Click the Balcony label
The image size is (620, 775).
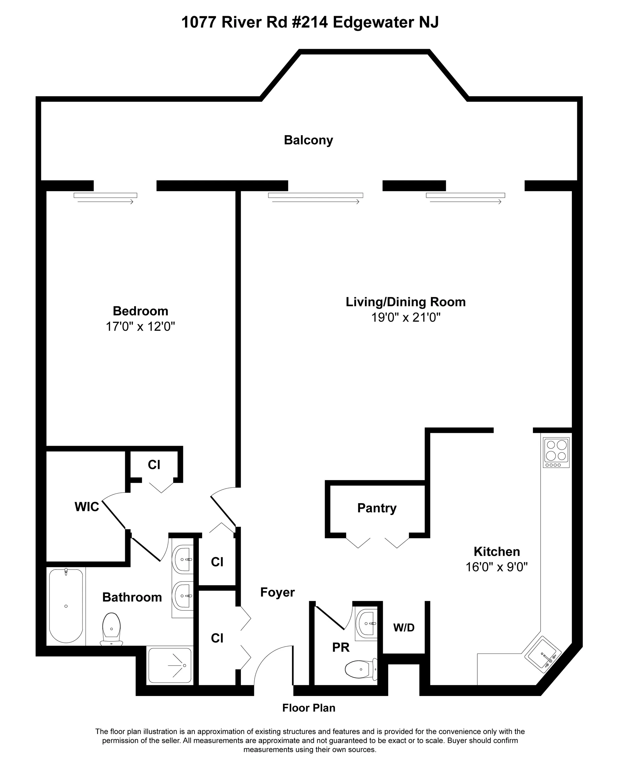[308, 140]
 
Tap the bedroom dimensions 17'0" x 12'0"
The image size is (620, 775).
[140, 326]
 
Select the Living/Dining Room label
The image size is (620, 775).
[405, 302]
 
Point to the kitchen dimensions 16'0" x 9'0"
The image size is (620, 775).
[496, 567]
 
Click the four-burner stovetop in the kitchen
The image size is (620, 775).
[556, 452]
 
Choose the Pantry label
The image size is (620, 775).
[377, 508]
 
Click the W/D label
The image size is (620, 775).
[404, 628]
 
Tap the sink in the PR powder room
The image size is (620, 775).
[366, 624]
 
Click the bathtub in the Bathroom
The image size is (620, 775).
[66, 606]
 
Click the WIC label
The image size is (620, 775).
[86, 507]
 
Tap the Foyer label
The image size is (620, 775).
[277, 592]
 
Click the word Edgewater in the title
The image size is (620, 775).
[372, 22]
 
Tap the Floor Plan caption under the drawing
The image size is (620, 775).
[308, 708]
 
